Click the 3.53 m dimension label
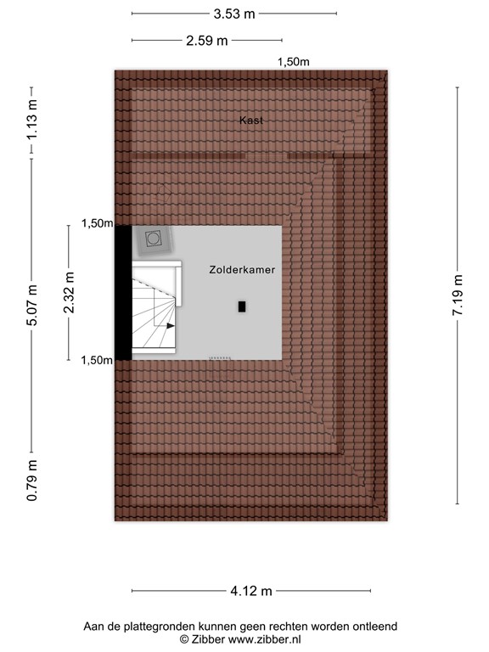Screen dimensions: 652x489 click(234, 14)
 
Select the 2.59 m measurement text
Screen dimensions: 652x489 click(207, 40)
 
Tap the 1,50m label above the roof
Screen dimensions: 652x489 click(294, 61)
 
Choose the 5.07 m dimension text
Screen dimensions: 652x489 click(31, 305)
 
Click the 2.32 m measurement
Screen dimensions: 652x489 click(69, 293)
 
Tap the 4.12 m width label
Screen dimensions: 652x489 click(250, 591)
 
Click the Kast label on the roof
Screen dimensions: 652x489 click(250, 121)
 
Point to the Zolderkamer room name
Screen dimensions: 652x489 click(240, 268)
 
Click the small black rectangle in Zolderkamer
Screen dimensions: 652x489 click(243, 306)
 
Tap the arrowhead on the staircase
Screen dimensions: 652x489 click(171, 324)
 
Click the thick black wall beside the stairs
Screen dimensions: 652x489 click(123, 293)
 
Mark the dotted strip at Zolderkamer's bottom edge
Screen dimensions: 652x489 click(220, 358)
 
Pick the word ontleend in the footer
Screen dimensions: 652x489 click(374, 627)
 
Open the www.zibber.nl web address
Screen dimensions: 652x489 click(262, 639)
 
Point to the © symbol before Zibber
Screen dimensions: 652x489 click(184, 639)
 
